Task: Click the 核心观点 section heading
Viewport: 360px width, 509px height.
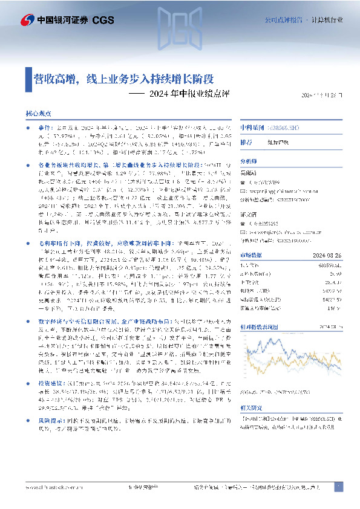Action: [x=38, y=114]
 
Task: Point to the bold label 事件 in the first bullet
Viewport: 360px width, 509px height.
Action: [x=44, y=128]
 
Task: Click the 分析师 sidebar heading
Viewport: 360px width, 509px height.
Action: [x=249, y=161]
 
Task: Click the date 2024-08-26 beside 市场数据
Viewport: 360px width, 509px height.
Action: [x=331, y=253]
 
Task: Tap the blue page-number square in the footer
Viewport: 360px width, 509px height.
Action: [x=338, y=487]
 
